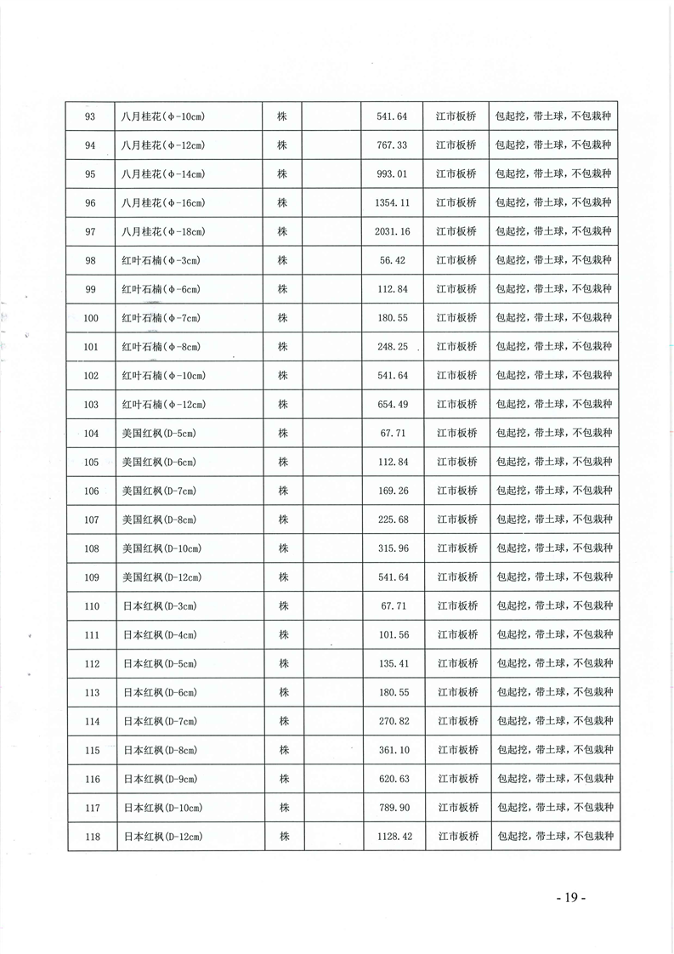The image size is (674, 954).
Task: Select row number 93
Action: point(92,116)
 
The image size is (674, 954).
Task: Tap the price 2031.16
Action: point(392,232)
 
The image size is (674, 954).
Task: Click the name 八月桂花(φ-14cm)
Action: point(163,174)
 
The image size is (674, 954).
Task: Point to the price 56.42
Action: point(392,260)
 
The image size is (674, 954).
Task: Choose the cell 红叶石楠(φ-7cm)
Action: point(161,318)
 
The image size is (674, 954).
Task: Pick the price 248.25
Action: point(392,347)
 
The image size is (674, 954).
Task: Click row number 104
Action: point(92,434)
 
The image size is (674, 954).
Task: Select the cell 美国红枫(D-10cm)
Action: point(161,548)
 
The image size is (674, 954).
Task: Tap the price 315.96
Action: point(392,548)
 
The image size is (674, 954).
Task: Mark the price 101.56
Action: point(392,635)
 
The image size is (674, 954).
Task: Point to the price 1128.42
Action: point(392,837)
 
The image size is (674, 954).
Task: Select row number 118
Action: point(93,837)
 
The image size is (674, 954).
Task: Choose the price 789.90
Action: point(392,808)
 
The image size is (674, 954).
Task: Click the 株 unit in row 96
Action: point(283,203)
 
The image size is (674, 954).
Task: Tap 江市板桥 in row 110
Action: point(457,606)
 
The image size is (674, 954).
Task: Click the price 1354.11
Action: point(392,203)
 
